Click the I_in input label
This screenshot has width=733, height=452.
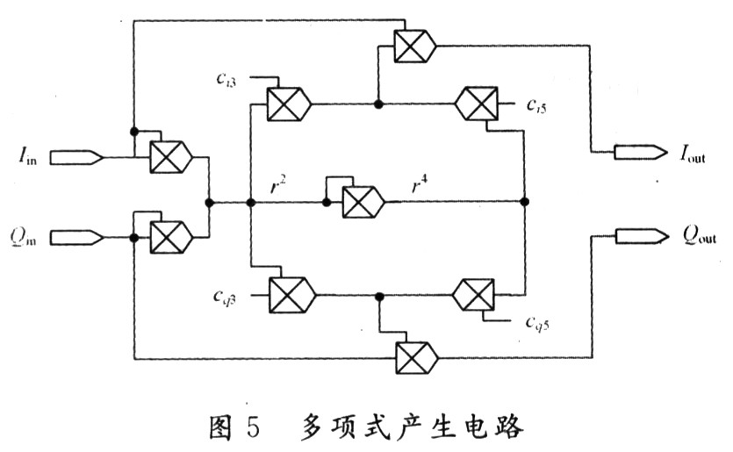coord(27,155)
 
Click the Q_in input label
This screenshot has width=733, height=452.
coord(24,236)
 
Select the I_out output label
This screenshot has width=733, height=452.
coord(693,154)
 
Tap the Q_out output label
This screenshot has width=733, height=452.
coord(699,235)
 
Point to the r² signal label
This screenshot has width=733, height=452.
coord(278,184)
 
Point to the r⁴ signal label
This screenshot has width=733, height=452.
coord(420,184)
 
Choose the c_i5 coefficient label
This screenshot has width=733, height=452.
coord(536,106)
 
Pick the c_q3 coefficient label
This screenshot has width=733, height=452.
coord(225,297)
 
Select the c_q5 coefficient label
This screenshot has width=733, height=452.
coord(537,322)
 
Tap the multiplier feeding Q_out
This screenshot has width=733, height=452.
coord(417,358)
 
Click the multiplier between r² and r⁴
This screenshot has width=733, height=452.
coord(363,202)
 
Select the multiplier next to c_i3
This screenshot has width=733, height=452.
coord(289,104)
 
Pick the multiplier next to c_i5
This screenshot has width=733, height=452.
coord(477,104)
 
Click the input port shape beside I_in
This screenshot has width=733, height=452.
coord(76,157)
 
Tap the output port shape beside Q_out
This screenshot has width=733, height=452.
coord(642,236)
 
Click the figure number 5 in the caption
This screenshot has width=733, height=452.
coord(253,427)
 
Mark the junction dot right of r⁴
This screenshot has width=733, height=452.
coord(524,202)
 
